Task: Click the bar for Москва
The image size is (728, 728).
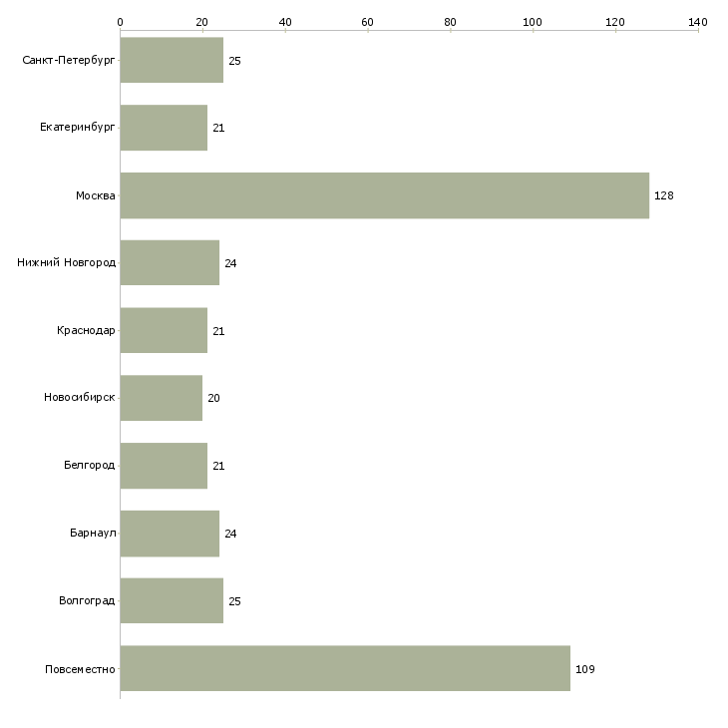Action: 385,195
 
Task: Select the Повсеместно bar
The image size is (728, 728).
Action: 345,668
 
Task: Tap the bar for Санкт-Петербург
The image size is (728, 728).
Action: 172,60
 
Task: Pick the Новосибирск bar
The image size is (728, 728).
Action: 162,398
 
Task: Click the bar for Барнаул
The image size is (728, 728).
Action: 170,534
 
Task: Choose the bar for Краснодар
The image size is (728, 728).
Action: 164,330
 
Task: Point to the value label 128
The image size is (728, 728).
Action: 664,195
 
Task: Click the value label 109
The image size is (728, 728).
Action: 585,669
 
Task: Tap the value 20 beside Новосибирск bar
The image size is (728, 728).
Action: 213,398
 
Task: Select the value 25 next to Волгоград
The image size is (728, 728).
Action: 234,601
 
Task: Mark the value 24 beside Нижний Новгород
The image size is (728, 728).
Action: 230,263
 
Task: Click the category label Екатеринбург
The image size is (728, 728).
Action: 77,128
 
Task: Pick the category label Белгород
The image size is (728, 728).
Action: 89,465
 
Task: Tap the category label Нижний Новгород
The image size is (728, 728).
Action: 67,262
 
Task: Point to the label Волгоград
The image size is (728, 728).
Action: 87,600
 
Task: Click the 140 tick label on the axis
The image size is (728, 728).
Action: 698,22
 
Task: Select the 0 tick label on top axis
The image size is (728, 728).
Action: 121,22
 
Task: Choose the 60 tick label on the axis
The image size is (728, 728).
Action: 367,22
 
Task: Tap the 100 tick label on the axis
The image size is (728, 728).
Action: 533,22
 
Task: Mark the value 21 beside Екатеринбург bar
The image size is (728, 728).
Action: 218,128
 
